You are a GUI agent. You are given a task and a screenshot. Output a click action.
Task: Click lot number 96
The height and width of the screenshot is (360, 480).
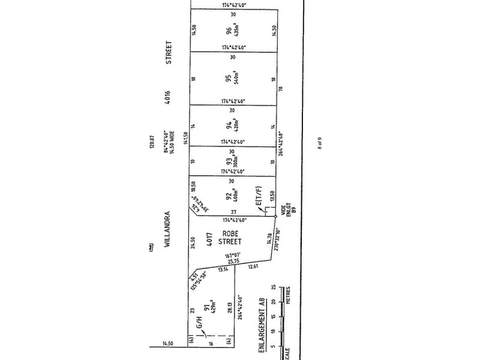[229, 28]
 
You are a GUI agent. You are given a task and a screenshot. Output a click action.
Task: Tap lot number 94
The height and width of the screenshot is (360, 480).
[229, 126]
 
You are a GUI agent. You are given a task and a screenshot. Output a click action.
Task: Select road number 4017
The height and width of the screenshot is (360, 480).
[210, 238]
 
